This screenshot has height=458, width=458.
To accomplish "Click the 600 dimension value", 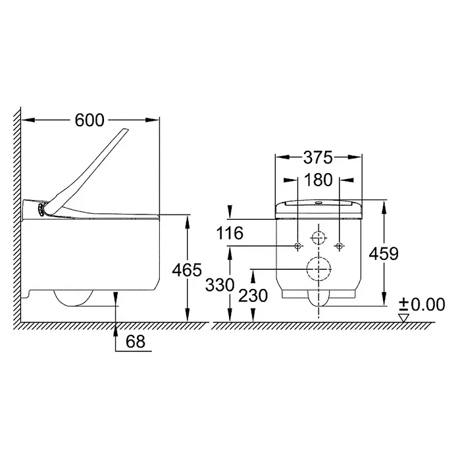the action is (89, 120).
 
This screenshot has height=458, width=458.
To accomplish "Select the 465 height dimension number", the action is (187, 270).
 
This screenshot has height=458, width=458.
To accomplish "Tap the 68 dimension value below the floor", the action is (136, 341).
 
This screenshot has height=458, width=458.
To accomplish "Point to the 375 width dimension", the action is (318, 157).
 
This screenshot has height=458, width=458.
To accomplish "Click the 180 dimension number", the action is (318, 180).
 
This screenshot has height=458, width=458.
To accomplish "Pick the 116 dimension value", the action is (230, 233).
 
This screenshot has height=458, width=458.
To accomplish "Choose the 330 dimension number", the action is (220, 285).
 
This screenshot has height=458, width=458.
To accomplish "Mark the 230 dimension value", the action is (253, 295).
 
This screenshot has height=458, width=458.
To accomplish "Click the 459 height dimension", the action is (384, 253).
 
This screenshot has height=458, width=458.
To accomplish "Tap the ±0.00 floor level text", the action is (422, 304).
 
